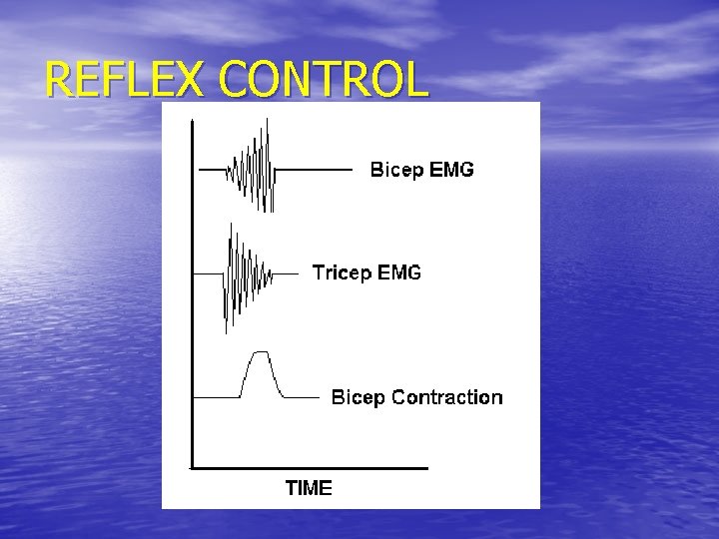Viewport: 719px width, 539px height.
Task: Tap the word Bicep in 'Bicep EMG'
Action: pos(397,171)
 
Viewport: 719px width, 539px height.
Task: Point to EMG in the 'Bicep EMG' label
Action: pos(451,170)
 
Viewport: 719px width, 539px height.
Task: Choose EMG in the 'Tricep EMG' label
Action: pos(399,271)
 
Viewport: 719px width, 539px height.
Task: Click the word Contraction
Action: pos(446,397)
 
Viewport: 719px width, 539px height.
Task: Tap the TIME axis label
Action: pos(309,488)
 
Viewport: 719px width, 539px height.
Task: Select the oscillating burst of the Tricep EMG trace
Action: pos(244,272)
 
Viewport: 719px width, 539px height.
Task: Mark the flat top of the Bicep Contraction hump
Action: pos(261,352)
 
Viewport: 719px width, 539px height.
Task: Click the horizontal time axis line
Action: pos(310,467)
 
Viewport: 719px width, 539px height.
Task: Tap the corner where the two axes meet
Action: pos(192,467)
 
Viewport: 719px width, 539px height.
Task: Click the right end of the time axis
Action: pos(425,467)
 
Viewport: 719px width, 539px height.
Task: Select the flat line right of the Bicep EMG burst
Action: pos(314,170)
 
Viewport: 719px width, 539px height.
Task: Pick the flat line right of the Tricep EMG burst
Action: pos(286,272)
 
